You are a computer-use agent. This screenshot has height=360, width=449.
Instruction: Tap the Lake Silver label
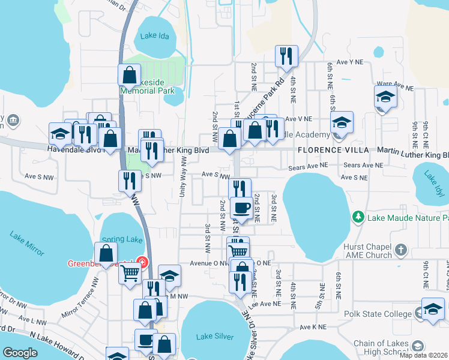pos(215,336)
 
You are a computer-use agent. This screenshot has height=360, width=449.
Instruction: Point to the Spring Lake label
pos(122,239)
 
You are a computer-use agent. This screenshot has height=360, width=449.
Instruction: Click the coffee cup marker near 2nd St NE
pos(241,208)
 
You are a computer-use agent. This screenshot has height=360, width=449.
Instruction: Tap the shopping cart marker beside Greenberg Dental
pos(130,274)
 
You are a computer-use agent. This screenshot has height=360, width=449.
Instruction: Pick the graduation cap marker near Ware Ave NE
pos(385,96)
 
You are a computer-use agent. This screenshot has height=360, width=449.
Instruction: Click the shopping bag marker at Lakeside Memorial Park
pos(129,75)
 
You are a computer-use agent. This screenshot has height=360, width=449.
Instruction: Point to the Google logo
pos(20,353)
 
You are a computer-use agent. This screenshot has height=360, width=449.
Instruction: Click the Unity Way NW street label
pos(183,179)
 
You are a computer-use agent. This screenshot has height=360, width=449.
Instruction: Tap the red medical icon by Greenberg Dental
pos(142,262)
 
